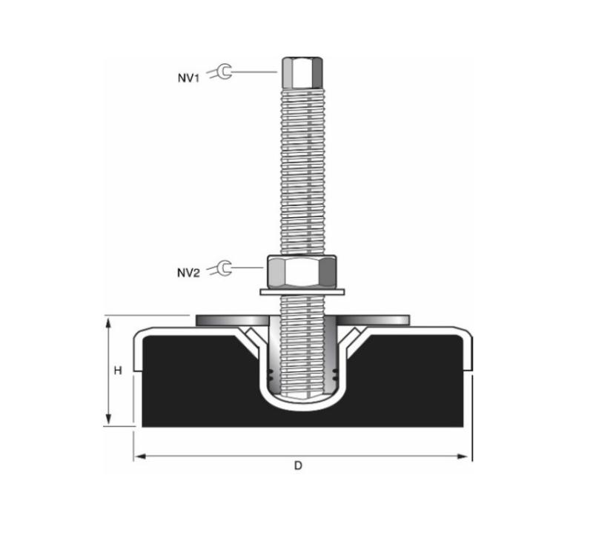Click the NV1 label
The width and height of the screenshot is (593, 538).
point(188,78)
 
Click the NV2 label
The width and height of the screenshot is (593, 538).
point(188,272)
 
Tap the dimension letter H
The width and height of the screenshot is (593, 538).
point(118,371)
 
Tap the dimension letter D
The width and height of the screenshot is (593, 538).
point(299,466)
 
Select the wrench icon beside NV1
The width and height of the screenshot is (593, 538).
point(220,72)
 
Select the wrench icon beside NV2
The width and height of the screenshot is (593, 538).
point(220,268)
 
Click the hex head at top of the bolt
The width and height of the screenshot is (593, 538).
point(302,73)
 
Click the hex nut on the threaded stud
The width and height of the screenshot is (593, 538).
point(302,271)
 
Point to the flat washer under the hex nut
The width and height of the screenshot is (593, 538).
point(302,292)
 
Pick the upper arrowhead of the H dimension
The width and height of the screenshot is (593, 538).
point(108,323)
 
